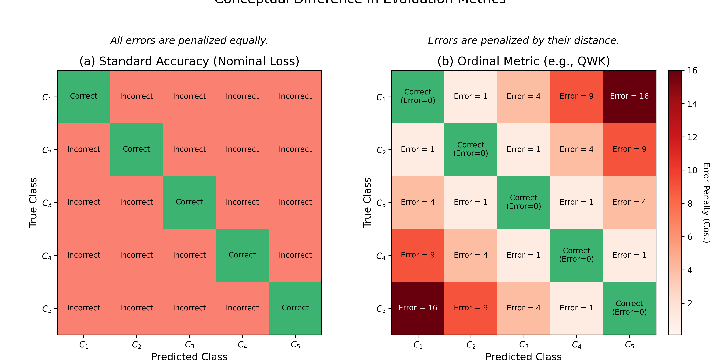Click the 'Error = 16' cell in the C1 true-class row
[629, 96]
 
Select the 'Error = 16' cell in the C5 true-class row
[418, 308]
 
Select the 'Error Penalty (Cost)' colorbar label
[706, 202]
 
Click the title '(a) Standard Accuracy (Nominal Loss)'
[189, 61]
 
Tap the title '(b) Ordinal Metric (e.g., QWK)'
[524, 61]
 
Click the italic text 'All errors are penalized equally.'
[189, 41]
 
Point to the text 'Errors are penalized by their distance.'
[524, 41]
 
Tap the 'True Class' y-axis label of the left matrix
[33, 202]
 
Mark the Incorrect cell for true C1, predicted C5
[295, 96]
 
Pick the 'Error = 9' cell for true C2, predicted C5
[629, 149]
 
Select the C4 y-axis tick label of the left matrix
[47, 256]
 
